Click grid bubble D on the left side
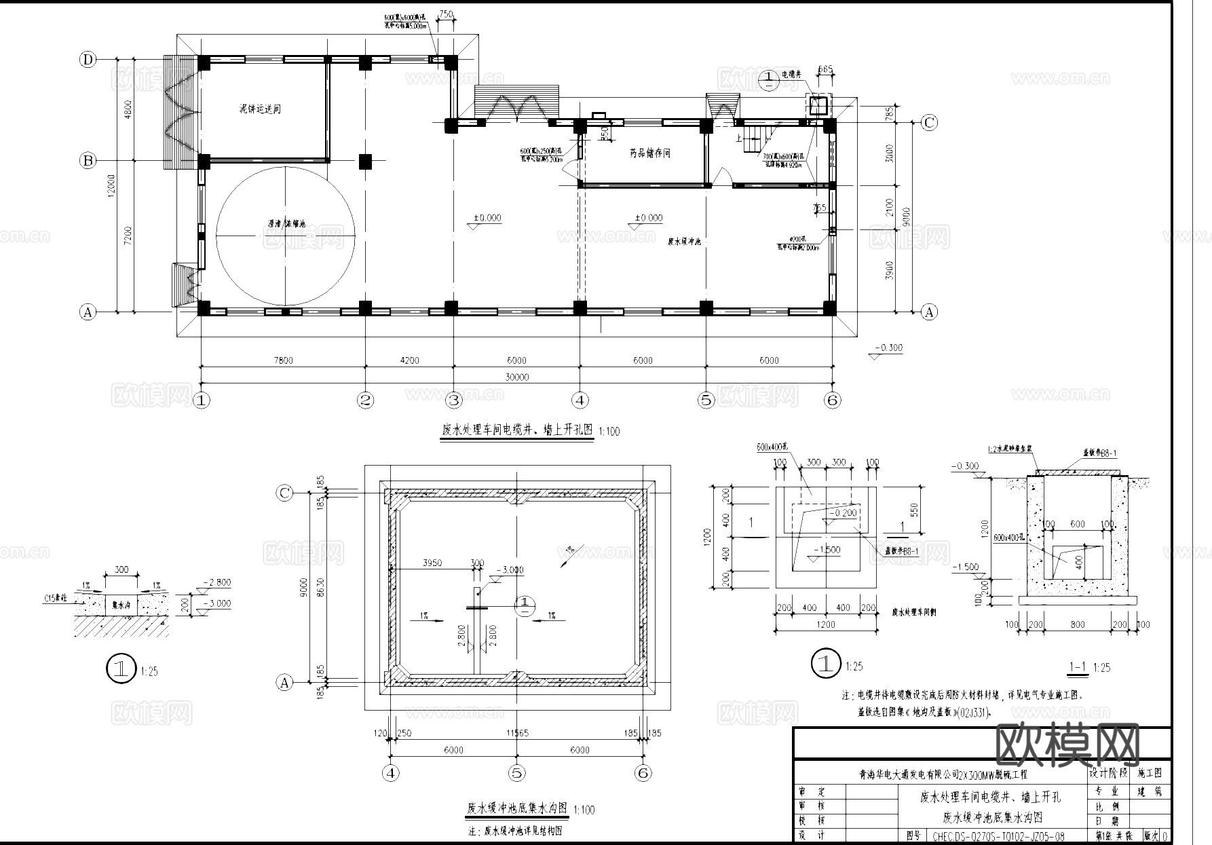(88, 60)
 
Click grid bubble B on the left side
(88, 161)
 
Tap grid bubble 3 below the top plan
(453, 400)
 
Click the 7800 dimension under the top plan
(282, 360)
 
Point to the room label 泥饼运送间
(260, 109)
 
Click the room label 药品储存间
(649, 153)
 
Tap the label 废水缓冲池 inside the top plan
(684, 242)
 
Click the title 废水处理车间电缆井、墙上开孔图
(518, 430)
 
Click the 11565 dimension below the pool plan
(517, 733)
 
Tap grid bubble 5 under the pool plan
(517, 772)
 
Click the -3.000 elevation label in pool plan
(510, 570)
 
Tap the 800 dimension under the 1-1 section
(1077, 624)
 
